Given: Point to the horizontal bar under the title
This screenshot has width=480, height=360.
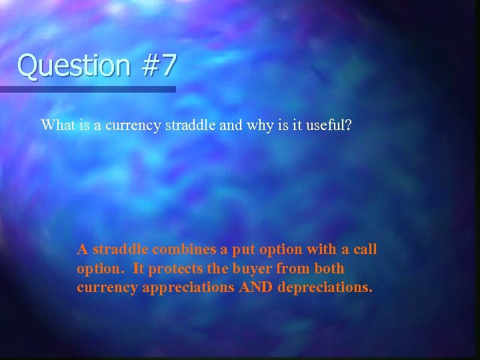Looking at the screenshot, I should click(x=88, y=89).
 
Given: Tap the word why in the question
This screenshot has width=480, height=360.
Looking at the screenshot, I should click(x=261, y=125).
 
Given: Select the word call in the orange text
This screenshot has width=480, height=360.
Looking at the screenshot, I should click(x=364, y=249).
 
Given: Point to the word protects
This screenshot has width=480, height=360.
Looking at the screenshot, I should click(x=174, y=269).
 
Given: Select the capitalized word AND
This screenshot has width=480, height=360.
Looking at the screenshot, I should click(x=249, y=287).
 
